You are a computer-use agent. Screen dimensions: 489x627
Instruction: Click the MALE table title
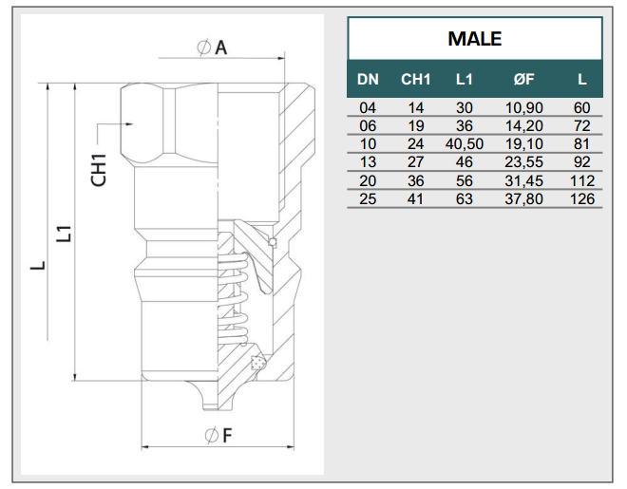click(474, 40)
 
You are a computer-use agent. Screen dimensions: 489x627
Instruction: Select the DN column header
click(368, 80)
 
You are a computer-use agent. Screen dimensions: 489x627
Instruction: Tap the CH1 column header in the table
click(415, 80)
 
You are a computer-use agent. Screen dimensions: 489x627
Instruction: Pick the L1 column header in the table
click(465, 80)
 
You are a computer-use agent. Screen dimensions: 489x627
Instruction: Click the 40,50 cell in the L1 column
click(465, 144)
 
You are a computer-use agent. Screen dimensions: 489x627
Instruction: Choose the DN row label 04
click(368, 108)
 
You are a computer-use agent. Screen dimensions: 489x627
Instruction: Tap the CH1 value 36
click(415, 181)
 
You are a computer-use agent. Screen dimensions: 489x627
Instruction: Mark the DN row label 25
click(368, 199)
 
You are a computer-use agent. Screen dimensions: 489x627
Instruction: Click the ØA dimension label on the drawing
click(213, 47)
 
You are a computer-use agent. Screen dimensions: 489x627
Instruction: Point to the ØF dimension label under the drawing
click(218, 436)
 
